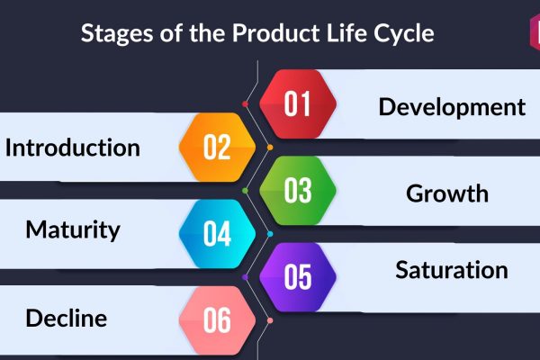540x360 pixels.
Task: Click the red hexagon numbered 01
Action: (298, 104)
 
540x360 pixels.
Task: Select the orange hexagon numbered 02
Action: (217, 147)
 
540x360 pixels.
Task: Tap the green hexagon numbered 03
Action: (298, 191)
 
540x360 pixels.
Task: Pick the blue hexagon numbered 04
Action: (217, 234)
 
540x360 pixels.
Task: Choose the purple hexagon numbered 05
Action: (298, 277)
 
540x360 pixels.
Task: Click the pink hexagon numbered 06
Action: (217, 320)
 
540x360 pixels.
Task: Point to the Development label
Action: (452, 107)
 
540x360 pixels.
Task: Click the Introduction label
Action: (73, 148)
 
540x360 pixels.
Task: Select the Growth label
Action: (447, 193)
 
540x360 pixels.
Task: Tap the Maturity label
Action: (73, 230)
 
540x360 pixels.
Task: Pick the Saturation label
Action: (452, 270)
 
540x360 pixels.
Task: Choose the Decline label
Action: (67, 318)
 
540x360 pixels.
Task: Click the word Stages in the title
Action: (117, 34)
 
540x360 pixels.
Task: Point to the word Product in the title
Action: (276, 33)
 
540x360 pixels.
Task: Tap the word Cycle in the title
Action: (403, 34)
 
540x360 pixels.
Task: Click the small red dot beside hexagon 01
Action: (245, 104)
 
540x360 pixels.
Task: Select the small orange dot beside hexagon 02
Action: (270, 148)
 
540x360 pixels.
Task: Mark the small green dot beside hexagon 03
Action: (245, 191)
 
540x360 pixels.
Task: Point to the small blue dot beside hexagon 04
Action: (270, 234)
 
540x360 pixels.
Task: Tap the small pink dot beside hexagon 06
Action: (270, 320)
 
